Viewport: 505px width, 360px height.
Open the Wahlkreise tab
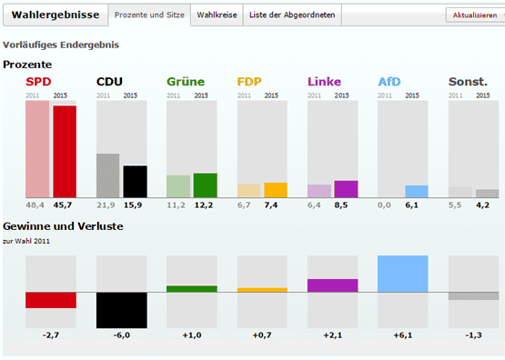click(x=218, y=16)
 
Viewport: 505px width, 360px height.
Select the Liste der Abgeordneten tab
click(x=291, y=16)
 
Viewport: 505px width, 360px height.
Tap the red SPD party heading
click(x=37, y=82)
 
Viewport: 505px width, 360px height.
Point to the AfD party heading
click(x=389, y=82)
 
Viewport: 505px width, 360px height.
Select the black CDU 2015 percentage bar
click(x=136, y=181)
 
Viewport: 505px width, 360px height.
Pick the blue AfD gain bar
click(x=402, y=274)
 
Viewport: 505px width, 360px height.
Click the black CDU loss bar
click(x=121, y=309)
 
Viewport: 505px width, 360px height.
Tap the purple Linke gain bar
click(x=332, y=285)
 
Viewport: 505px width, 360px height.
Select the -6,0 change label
click(x=121, y=335)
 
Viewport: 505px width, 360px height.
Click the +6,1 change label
click(x=402, y=335)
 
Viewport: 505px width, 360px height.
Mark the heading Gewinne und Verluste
click(x=63, y=225)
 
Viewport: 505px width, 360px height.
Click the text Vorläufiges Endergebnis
click(x=60, y=45)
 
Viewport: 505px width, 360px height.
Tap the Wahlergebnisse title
click(x=55, y=16)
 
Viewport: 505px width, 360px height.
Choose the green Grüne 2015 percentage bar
click(x=206, y=185)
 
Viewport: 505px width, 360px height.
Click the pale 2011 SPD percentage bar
click(x=37, y=149)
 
